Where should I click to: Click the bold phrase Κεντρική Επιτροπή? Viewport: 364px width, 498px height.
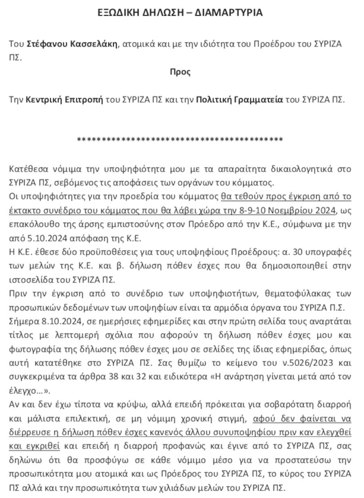click(x=65, y=100)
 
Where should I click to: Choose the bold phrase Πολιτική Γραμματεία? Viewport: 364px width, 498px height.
click(x=240, y=100)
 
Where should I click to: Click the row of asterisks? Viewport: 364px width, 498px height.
click(x=180, y=140)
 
